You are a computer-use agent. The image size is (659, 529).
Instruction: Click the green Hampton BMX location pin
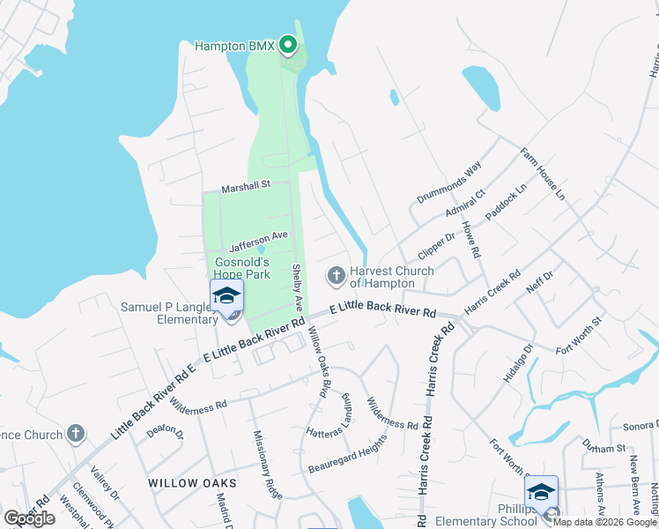click(288, 44)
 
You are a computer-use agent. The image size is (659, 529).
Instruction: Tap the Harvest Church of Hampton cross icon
click(336, 277)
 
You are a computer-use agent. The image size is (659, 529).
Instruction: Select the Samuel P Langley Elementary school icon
click(226, 296)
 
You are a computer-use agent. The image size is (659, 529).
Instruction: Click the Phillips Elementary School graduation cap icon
click(541, 493)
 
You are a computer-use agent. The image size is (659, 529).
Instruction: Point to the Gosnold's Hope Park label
click(242, 268)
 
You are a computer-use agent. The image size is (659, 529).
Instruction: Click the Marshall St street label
click(243, 187)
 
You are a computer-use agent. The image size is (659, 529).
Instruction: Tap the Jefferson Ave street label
click(259, 236)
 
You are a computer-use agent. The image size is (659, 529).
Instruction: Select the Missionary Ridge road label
click(268, 464)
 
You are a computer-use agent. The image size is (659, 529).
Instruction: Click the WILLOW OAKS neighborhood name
click(192, 483)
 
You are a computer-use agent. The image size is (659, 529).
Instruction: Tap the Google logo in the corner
click(30, 518)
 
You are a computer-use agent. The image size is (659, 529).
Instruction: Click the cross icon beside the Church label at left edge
click(77, 434)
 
